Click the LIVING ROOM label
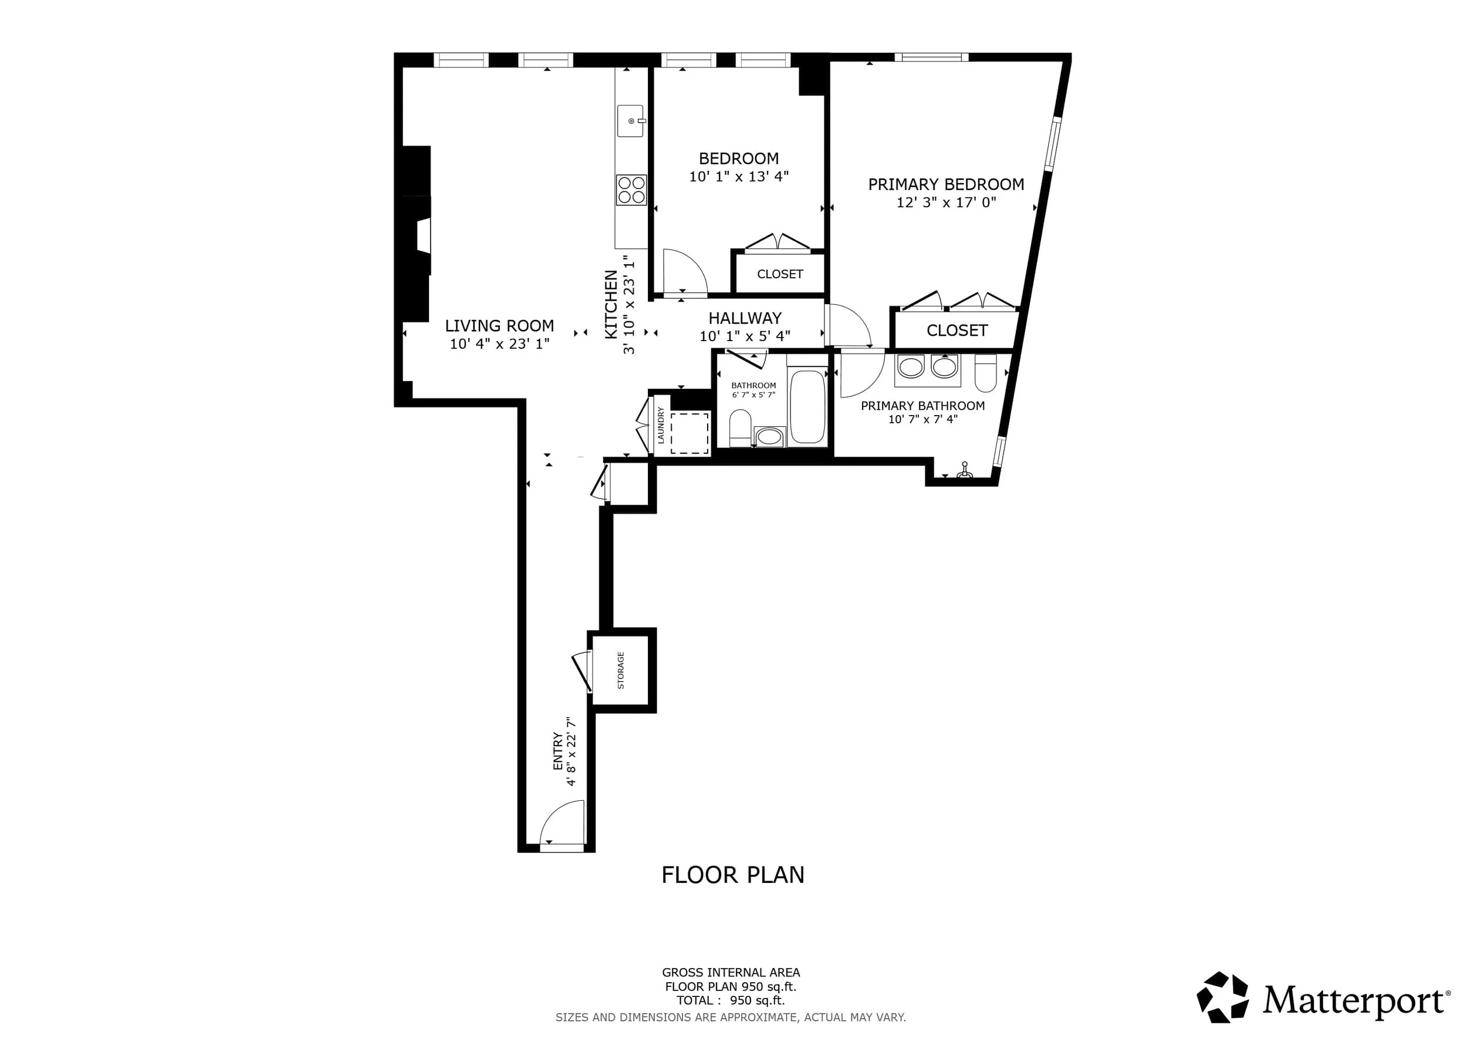(499, 325)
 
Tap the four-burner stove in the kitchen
(631, 190)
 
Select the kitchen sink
(631, 121)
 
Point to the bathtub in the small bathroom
(807, 406)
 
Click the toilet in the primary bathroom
(986, 373)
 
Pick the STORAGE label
(620, 670)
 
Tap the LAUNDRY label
(661, 425)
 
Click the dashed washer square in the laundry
(689, 433)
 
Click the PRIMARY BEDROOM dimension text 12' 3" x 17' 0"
(947, 203)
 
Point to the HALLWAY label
(745, 318)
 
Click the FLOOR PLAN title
(733, 874)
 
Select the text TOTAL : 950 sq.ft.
(731, 1000)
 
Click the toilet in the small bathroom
(740, 427)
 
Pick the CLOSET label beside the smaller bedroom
(779, 274)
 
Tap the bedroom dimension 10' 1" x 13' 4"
(739, 176)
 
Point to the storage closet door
(583, 670)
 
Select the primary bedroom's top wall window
(931, 58)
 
